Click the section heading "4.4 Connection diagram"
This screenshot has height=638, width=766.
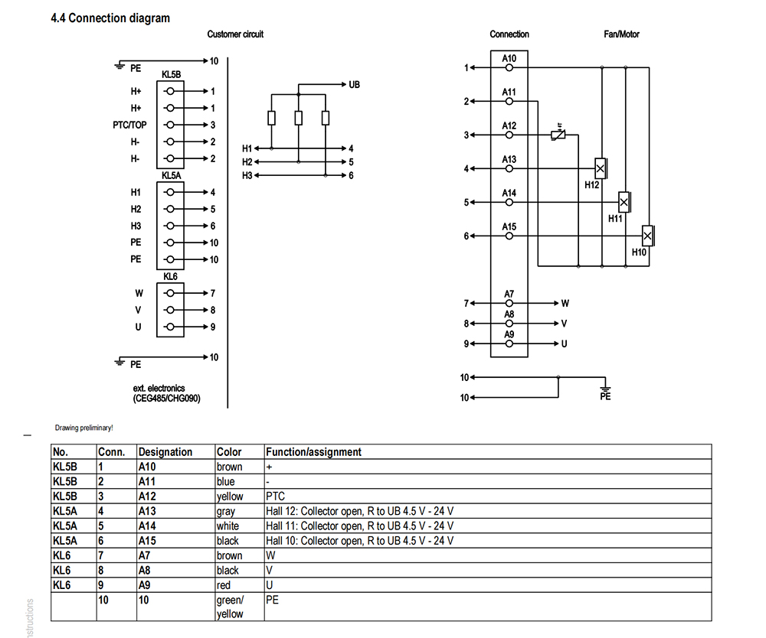[110, 18]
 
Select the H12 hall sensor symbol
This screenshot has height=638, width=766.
[601, 169]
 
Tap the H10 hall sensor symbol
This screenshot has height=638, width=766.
[648, 236]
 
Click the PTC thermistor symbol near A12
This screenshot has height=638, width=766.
[558, 135]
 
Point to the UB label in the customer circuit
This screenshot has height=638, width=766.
[354, 85]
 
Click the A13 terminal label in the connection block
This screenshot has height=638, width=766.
[509, 159]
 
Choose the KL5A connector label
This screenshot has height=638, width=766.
[171, 176]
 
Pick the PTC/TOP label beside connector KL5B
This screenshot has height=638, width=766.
[129, 125]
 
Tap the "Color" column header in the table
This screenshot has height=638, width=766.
[229, 452]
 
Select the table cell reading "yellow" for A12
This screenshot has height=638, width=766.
[230, 496]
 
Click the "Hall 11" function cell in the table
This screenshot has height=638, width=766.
[359, 526]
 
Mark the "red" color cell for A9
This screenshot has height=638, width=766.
[223, 585]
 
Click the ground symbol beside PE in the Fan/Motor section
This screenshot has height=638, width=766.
[605, 389]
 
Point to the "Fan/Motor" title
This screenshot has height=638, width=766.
[621, 34]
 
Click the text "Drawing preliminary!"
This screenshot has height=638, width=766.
[84, 428]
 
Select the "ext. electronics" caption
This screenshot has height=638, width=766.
[159, 389]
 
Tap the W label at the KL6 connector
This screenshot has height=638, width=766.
[139, 294]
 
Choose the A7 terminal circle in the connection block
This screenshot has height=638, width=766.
[509, 304]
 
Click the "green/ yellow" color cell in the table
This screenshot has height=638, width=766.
[230, 607]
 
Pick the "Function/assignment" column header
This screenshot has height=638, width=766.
[313, 452]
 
